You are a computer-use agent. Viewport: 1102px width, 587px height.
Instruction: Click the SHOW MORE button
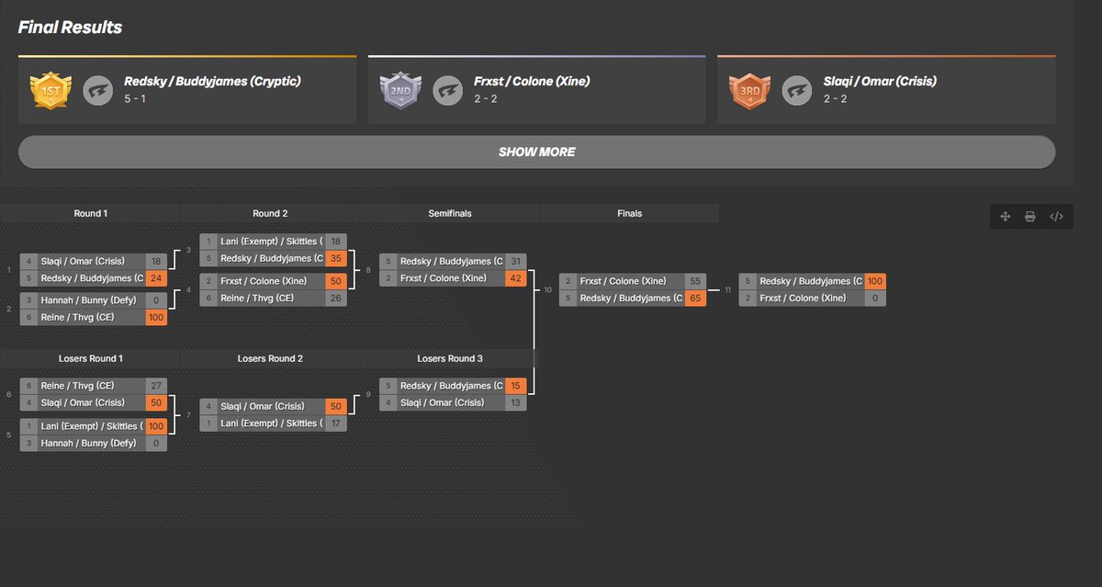[536, 152]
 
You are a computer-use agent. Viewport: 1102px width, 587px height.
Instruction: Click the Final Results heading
[70, 28]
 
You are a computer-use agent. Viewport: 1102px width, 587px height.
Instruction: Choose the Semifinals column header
[450, 213]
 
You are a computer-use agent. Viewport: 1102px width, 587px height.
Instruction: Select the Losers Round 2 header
[270, 358]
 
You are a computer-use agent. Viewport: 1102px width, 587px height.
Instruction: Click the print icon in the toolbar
[1030, 217]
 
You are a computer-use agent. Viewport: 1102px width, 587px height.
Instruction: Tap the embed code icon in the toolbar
[1056, 217]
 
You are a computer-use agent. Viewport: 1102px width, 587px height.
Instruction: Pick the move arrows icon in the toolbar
[1005, 217]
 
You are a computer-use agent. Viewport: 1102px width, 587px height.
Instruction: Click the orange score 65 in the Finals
[696, 298]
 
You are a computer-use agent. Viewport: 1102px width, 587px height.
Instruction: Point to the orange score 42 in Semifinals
[516, 277]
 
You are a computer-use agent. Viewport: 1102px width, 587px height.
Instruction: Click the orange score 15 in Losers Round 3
[516, 386]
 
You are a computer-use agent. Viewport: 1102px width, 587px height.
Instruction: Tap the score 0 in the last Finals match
[875, 298]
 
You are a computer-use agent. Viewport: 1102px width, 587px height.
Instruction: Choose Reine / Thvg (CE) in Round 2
[261, 298]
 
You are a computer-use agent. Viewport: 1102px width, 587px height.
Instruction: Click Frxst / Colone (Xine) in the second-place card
[532, 82]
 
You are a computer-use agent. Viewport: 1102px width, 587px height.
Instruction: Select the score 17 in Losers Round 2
[336, 423]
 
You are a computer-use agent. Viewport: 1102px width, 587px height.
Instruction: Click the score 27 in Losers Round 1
[156, 386]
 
